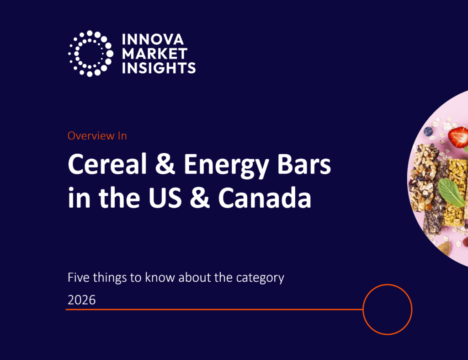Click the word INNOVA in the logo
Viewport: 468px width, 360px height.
[153, 39]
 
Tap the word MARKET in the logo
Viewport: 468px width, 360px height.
[154, 54]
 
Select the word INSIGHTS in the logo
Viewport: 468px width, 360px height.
[159, 68]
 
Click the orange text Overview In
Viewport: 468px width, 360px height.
[97, 136]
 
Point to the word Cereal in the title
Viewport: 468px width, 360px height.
[107, 164]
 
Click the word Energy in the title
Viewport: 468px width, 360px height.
[226, 166]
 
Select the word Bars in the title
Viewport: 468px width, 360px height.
[304, 164]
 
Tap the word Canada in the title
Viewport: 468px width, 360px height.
[265, 198]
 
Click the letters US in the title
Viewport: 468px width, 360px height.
[165, 198]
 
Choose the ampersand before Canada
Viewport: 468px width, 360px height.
[200, 197]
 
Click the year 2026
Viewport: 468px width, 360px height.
[81, 300]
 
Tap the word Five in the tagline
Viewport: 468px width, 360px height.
[78, 277]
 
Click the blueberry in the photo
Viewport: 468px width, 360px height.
[428, 131]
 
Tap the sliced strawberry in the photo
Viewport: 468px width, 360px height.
[457, 137]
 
